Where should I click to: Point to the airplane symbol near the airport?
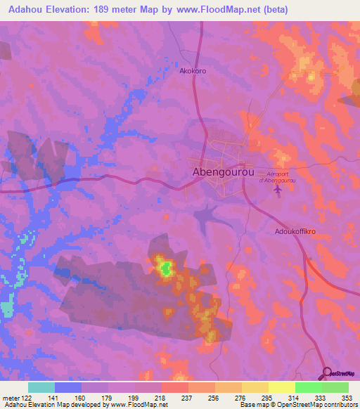(276, 189)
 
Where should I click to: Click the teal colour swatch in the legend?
(41, 387)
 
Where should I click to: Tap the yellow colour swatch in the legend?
(281, 387)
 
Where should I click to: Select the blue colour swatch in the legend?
(68, 387)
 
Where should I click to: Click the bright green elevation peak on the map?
(166, 267)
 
